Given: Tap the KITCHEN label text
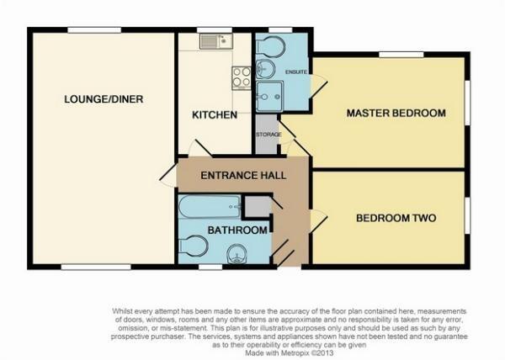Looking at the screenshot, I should coord(215,114).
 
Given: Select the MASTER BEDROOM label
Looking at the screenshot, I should coord(396,114).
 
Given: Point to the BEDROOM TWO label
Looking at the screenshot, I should coord(396,218).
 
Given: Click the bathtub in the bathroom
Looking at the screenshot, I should coord(209,206).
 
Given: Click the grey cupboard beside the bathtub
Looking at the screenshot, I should coord(257,206).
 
